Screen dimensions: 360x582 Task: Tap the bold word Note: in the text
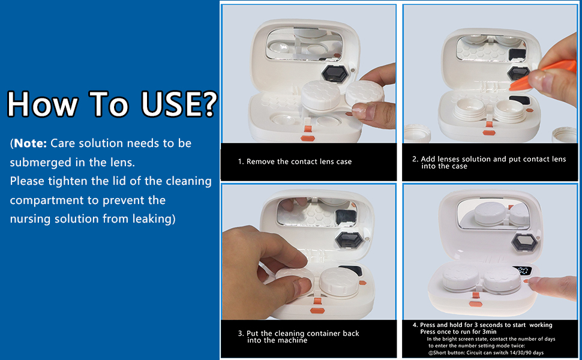pos(31,143)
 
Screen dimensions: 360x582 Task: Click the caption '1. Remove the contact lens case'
pos(295,161)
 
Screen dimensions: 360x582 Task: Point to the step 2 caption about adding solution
pos(488,162)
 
